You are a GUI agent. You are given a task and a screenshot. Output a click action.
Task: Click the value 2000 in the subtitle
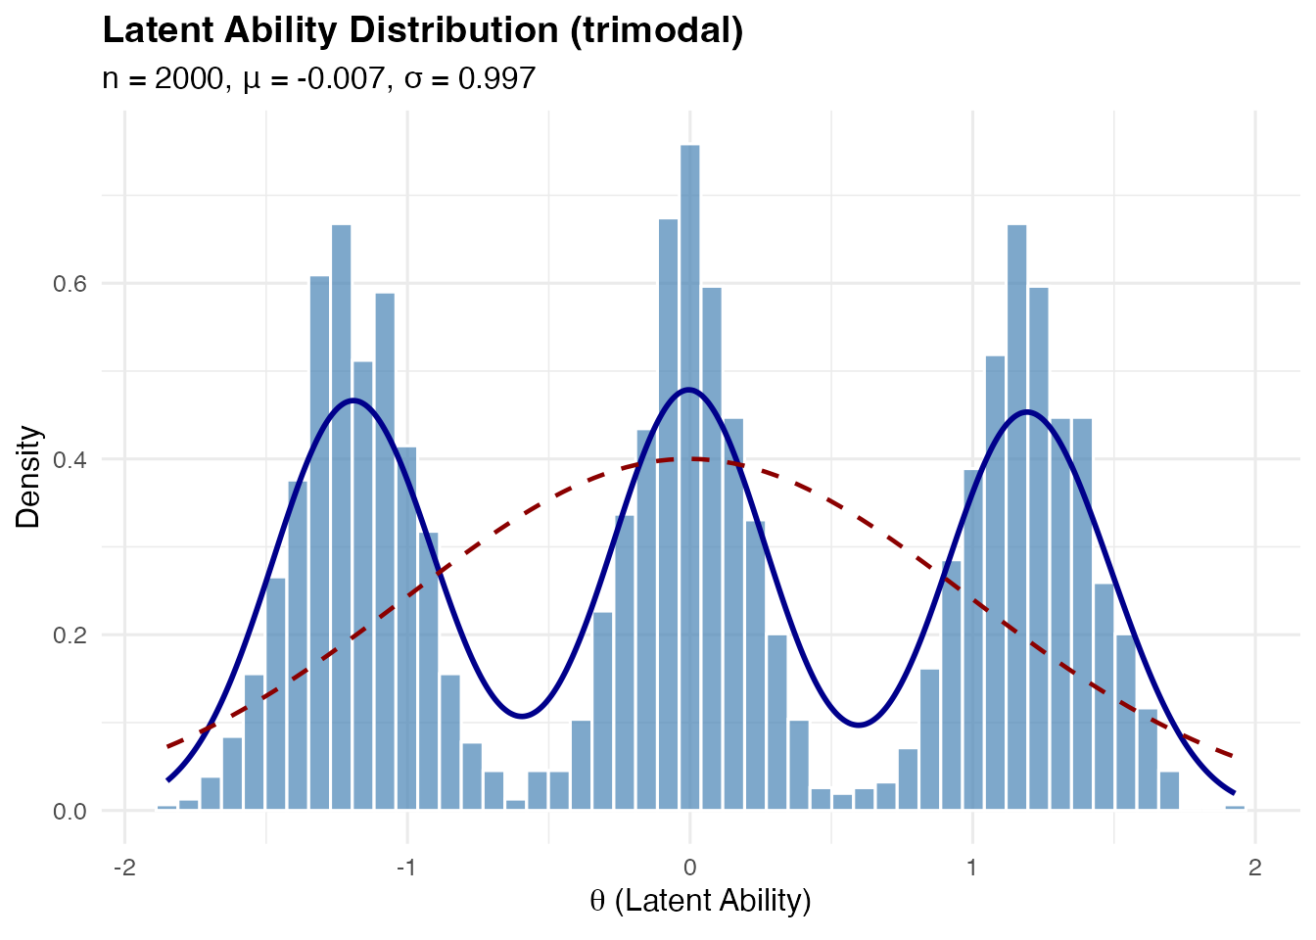pyautogui.click(x=190, y=78)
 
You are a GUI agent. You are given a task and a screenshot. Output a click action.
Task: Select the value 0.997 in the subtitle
pyautogui.click(x=496, y=78)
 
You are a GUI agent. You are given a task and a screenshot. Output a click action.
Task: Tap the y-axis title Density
pyautogui.click(x=29, y=477)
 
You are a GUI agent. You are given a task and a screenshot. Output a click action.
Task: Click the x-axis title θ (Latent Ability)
pyautogui.click(x=700, y=900)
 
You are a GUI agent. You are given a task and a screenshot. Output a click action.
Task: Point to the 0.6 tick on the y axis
pyautogui.click(x=70, y=284)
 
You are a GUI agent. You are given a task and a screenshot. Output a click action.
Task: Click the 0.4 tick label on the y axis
pyautogui.click(x=70, y=459)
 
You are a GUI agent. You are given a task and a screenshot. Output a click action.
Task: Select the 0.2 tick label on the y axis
pyautogui.click(x=70, y=635)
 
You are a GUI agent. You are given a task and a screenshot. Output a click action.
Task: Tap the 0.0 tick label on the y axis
pyautogui.click(x=70, y=811)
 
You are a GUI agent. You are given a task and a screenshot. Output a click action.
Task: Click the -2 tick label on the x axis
pyautogui.click(x=123, y=868)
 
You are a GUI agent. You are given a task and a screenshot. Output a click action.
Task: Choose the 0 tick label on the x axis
pyautogui.click(x=689, y=868)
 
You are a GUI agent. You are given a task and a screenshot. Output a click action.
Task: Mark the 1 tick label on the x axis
pyautogui.click(x=972, y=868)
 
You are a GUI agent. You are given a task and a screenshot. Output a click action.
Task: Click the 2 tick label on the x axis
pyautogui.click(x=1254, y=868)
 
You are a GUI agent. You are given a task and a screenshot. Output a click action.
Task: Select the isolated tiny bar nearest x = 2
pyautogui.click(x=1235, y=808)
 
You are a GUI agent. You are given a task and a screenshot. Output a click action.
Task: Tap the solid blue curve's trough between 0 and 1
pyautogui.click(x=859, y=725)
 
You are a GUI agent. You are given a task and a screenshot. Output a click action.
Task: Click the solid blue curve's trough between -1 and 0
pyautogui.click(x=522, y=716)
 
